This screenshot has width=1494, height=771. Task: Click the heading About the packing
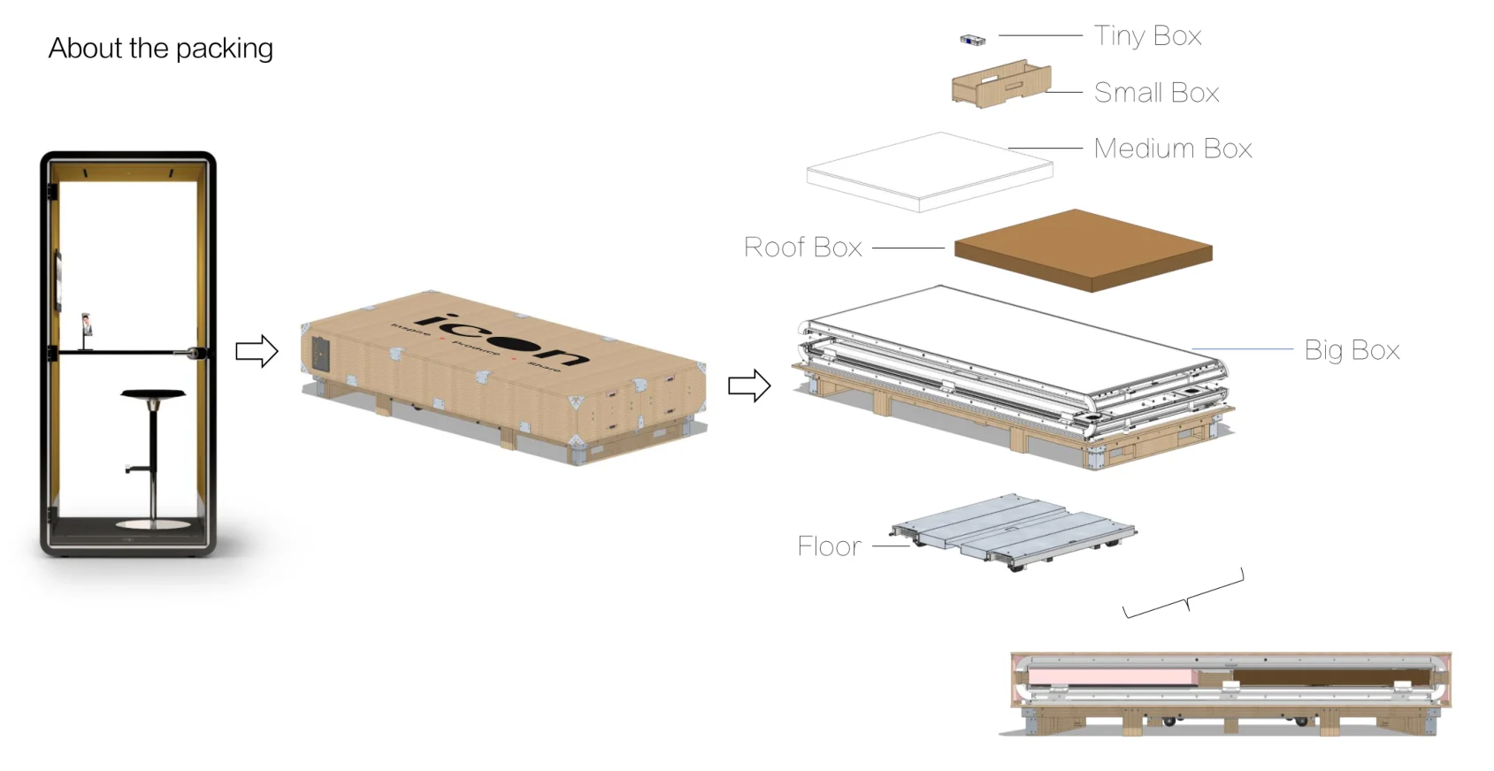coord(160,48)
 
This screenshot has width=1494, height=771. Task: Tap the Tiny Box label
coord(1147,36)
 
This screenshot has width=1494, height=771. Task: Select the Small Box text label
coord(1156,93)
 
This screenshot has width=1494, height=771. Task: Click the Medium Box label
coord(1172,149)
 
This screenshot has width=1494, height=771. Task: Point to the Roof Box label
coord(802,248)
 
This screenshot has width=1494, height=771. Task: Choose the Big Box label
coord(1351,350)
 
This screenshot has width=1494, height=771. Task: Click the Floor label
coord(829,546)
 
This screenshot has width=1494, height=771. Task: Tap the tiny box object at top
coord(972,40)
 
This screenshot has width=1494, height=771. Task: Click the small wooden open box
coord(1000,85)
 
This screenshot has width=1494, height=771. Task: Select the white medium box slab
coord(929,172)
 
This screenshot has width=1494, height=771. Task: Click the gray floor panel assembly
coord(1014,530)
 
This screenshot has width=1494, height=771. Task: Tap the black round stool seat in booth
coord(153,394)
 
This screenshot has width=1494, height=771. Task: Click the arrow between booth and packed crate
coord(257,351)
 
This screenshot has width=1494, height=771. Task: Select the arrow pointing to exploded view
coord(748,385)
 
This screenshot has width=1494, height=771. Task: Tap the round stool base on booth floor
coord(153,525)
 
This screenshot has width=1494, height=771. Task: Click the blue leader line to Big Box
coord(1242,349)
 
